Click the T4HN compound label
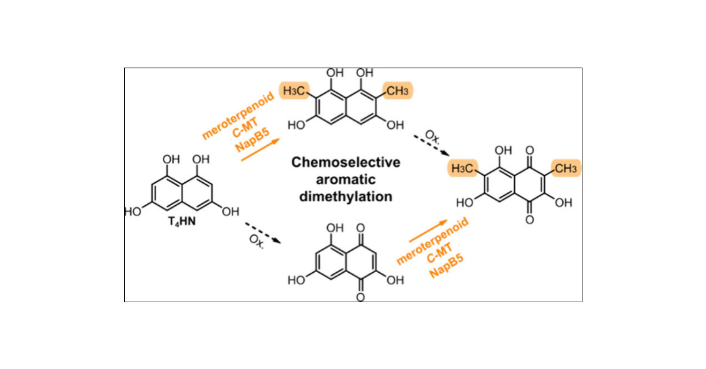point(181,222)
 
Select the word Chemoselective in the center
point(346,162)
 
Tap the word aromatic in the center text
point(346,180)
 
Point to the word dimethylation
point(346,196)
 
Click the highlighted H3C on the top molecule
point(294,91)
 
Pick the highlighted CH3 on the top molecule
point(397,91)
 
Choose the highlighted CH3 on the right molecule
point(566,168)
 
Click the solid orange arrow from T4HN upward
point(260,150)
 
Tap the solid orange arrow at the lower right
point(428,231)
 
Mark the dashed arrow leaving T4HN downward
point(263,233)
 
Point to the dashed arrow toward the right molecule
point(431,145)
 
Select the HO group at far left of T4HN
point(133,212)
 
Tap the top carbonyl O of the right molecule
point(529,151)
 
